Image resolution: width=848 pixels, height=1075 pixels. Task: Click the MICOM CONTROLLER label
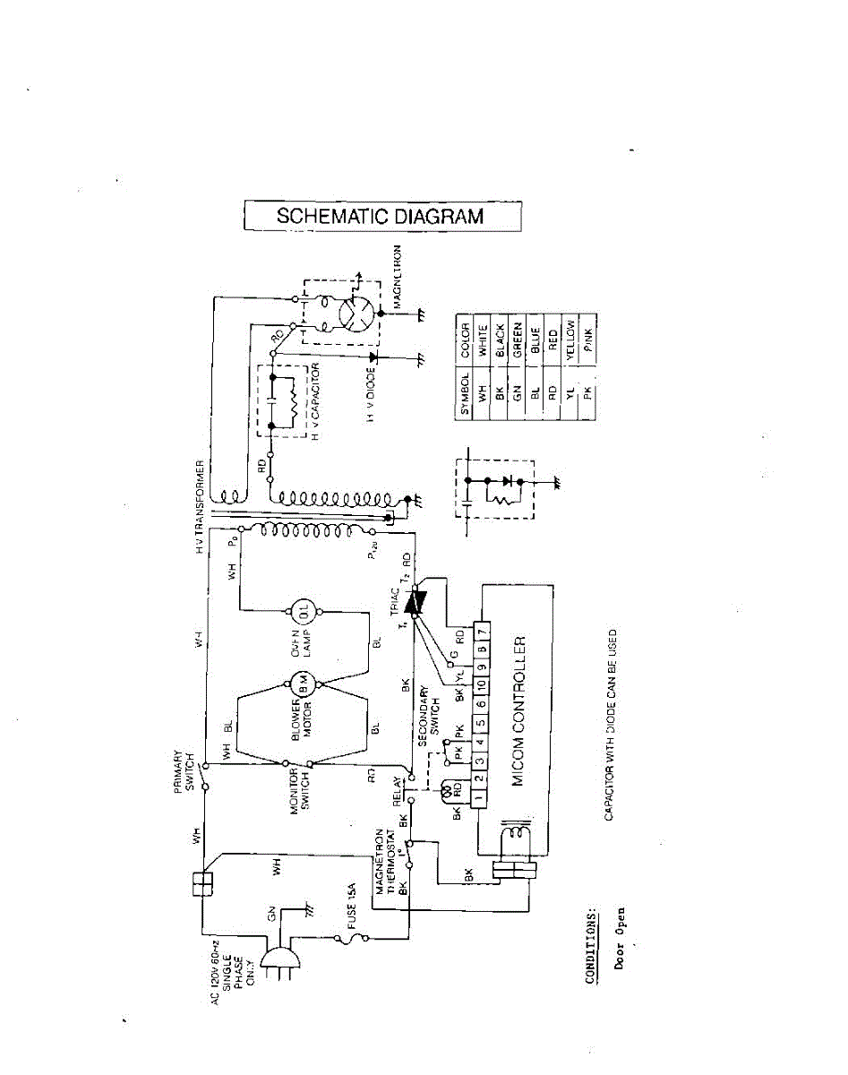pos(518,712)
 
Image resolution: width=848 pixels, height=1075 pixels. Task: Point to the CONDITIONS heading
pos(591,948)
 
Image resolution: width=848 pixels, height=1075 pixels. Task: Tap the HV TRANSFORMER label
pos(202,506)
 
